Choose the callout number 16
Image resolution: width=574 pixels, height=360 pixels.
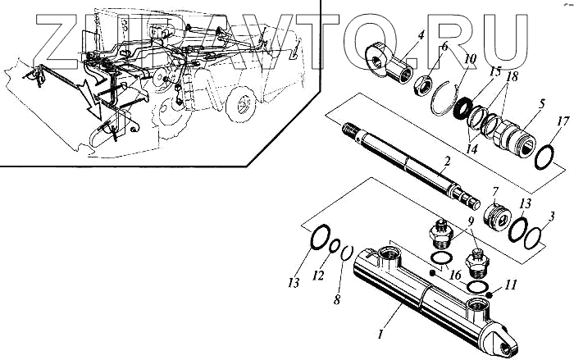coord(455,278)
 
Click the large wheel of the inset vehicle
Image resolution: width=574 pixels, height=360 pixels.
coord(244,105)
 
